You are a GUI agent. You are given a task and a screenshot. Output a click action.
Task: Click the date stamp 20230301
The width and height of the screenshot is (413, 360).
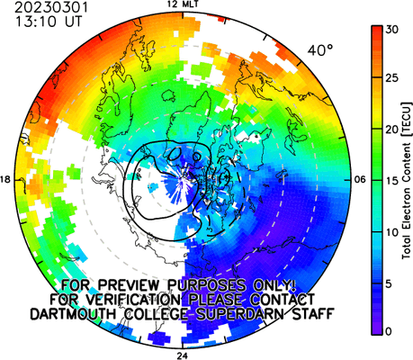(x=51, y=8)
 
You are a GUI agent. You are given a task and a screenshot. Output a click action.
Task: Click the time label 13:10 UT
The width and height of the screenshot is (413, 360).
(x=49, y=22)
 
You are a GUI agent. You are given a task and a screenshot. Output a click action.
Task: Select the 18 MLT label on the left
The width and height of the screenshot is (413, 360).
(x=5, y=180)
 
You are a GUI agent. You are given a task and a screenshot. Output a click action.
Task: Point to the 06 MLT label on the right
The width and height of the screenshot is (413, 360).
(x=361, y=180)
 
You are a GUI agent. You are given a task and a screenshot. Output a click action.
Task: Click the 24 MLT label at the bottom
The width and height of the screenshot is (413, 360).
(x=182, y=356)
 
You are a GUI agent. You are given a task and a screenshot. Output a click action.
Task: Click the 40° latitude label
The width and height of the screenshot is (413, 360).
(x=320, y=50)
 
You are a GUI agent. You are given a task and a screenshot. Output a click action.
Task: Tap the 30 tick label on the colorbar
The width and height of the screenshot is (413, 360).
(x=391, y=30)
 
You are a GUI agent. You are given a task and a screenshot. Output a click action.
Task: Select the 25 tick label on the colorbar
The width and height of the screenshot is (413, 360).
(x=391, y=78)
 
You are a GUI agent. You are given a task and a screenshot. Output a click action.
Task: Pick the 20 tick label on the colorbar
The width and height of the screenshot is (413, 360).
(x=391, y=130)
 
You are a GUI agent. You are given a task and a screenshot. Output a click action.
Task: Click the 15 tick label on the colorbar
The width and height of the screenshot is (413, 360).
(x=391, y=181)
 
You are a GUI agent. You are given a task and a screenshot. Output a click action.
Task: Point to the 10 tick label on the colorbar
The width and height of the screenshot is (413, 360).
(x=391, y=232)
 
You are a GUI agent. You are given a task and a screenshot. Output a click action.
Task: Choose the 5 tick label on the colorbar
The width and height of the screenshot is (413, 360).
(x=389, y=283)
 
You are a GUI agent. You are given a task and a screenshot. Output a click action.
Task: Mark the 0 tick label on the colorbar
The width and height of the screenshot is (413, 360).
(x=389, y=331)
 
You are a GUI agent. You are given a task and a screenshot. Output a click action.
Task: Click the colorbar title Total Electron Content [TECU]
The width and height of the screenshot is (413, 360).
(x=407, y=180)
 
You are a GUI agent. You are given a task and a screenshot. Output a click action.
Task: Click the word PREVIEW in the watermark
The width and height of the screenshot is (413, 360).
(x=131, y=285)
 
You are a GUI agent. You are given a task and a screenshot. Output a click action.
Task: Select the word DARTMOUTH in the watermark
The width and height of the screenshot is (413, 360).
(x=73, y=314)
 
